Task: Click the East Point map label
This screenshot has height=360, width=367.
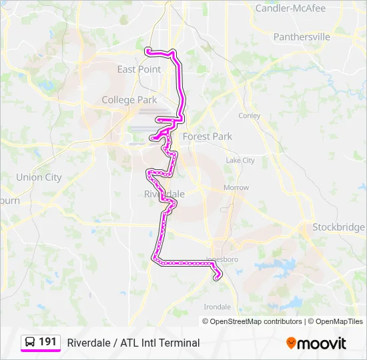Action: [x=139, y=69]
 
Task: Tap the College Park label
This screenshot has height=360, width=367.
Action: [x=129, y=100]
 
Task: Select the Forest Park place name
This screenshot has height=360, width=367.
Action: [x=208, y=137]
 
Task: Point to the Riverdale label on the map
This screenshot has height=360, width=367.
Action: [x=164, y=194]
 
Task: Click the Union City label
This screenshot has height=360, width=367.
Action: [x=39, y=177]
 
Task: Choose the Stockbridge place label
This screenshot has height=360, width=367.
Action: [x=338, y=227]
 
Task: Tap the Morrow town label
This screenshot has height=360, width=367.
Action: [x=236, y=188]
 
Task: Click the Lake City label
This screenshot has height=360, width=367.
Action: [x=240, y=161]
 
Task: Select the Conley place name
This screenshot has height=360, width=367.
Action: [x=250, y=115]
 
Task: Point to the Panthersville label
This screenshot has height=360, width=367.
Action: [x=302, y=37]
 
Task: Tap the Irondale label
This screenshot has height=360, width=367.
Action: [x=218, y=307]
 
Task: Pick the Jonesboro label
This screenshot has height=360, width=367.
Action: [x=222, y=259]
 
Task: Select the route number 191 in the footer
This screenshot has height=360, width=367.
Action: [x=47, y=342]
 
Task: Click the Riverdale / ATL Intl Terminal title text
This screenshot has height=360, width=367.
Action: [x=133, y=343]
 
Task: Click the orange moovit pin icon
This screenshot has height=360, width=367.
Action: [x=291, y=343]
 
